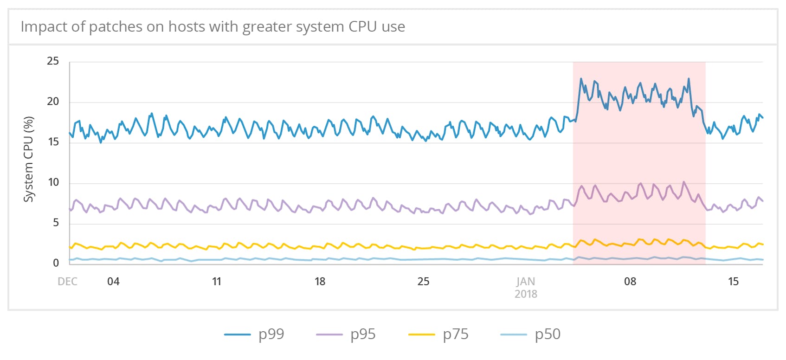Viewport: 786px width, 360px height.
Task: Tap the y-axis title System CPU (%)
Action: pyautogui.click(x=29, y=159)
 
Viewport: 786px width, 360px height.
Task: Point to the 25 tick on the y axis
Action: pyautogui.click(x=53, y=61)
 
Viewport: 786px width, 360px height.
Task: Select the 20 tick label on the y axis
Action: pyautogui.click(x=53, y=102)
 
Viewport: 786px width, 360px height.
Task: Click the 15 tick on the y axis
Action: pyautogui.click(x=53, y=142)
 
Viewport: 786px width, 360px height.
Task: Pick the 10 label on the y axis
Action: pyautogui.click(x=53, y=182)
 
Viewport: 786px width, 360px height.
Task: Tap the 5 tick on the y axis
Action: pyautogui.click(x=56, y=223)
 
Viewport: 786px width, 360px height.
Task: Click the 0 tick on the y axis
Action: pyautogui.click(x=56, y=263)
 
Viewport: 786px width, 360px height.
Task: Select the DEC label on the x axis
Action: pyautogui.click(x=67, y=282)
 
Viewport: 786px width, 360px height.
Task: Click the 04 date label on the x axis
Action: pyautogui.click(x=113, y=282)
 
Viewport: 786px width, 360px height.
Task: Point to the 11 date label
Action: pyautogui.click(x=217, y=282)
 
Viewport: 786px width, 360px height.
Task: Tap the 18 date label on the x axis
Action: pyautogui.click(x=320, y=282)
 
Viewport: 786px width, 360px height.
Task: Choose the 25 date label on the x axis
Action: pyautogui.click(x=423, y=282)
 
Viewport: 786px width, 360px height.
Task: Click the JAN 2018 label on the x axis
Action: pyautogui.click(x=526, y=288)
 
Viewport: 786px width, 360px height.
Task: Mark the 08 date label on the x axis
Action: pyautogui.click(x=630, y=282)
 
